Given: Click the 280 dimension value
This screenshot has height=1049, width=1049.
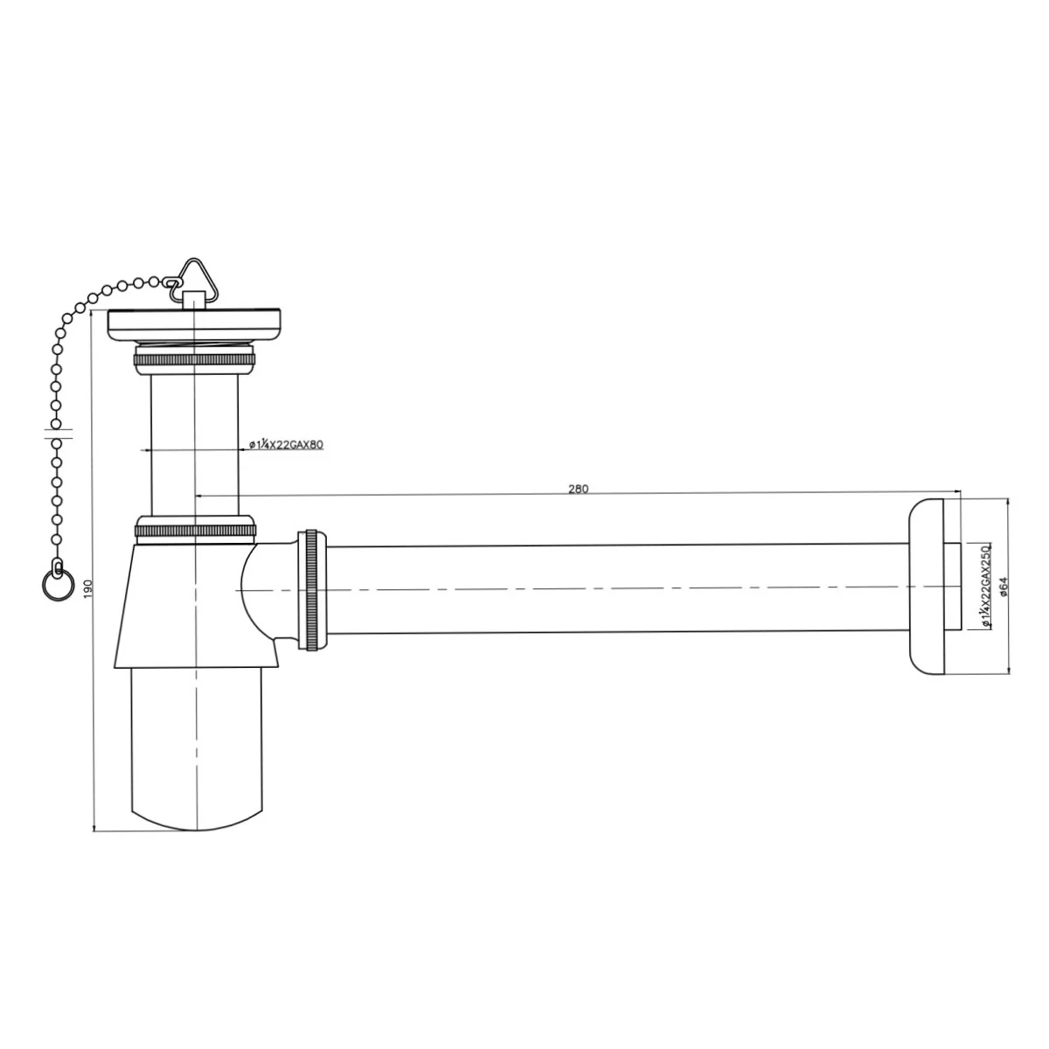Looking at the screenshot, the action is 578,489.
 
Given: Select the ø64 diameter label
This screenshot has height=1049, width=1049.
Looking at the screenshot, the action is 1004,586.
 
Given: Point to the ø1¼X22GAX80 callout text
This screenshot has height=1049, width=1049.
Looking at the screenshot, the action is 287,444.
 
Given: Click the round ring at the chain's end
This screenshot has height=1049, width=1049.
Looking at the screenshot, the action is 56,587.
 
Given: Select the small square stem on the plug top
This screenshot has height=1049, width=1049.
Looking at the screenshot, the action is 194,300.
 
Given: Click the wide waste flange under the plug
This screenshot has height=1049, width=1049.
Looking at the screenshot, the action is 194,325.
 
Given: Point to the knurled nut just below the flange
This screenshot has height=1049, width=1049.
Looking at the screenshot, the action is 194,359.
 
